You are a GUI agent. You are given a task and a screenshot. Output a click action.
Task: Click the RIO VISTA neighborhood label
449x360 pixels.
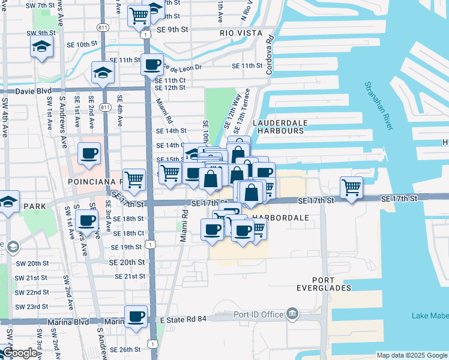tap(238, 32)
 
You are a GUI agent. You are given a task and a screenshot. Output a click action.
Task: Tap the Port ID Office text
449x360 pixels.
tap(258, 314)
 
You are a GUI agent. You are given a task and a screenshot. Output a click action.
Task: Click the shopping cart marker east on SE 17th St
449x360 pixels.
tap(351, 187)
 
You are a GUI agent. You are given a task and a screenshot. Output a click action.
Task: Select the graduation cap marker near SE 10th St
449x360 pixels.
tap(41, 46)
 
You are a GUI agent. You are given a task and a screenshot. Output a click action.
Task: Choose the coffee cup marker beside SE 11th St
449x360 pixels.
tap(152, 64)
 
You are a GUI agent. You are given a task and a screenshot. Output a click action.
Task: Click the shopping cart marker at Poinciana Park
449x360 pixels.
tap(134, 178)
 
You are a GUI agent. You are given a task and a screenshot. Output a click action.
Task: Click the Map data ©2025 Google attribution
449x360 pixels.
tap(411, 355)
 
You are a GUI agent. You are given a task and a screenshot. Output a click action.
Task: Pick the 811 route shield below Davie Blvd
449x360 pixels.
tap(105, 107)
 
